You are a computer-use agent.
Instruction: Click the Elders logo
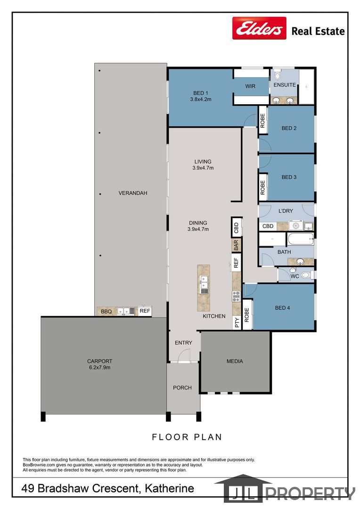click(259, 28)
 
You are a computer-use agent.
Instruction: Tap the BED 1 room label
click(201, 93)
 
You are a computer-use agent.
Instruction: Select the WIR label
click(250, 86)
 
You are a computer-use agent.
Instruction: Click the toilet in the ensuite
click(277, 75)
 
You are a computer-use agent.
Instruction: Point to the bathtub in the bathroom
click(301, 239)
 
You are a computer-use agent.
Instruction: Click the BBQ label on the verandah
click(106, 312)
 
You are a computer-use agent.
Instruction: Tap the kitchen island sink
click(204, 285)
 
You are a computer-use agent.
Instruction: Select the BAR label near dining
click(236, 245)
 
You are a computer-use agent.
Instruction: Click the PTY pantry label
click(237, 322)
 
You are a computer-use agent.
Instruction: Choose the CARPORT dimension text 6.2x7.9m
click(99, 368)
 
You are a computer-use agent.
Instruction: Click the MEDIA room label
click(235, 361)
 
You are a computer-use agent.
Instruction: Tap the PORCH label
click(182, 387)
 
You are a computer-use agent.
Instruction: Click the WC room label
click(295, 276)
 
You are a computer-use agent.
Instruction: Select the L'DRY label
click(286, 211)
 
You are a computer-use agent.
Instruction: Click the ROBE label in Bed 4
click(246, 315)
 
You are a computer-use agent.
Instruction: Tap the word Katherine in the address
click(170, 488)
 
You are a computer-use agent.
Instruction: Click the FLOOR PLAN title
click(187, 437)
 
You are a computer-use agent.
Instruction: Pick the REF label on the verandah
click(145, 311)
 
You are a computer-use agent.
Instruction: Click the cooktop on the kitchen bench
click(236, 296)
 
